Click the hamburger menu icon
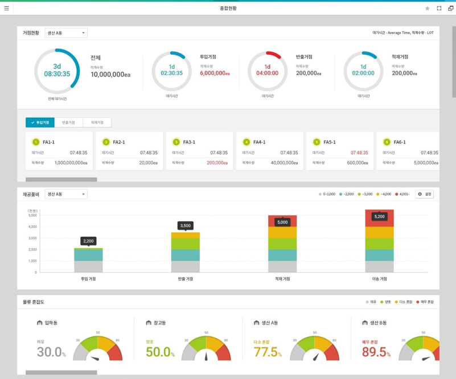[7, 9]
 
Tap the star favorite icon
[428, 9]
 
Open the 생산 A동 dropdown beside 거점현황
[66, 33]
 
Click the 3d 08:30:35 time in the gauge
[57, 71]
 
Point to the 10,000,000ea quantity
[110, 75]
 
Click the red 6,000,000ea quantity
[215, 73]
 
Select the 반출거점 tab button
[68, 122]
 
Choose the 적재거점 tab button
[97, 122]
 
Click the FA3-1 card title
[189, 142]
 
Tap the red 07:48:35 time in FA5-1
[359, 153]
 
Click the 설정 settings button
[424, 194]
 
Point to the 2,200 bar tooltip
[88, 241]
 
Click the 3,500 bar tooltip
[185, 226]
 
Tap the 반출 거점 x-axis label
[185, 279]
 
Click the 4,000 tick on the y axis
[32, 226]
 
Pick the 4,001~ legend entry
[403, 194]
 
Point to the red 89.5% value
[376, 352]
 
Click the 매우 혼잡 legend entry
[425, 302]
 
